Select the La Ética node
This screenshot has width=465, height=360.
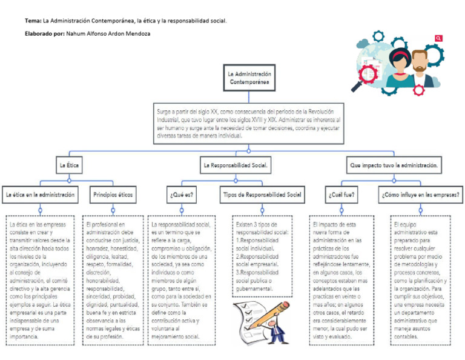(68, 165)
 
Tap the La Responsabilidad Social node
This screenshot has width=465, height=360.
(236, 165)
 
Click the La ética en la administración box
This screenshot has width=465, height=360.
(41, 195)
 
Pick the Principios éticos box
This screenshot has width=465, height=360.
(113, 195)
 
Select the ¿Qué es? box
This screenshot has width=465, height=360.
(182, 195)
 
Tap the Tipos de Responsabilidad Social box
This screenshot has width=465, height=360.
(262, 195)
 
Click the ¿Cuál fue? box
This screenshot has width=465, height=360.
(342, 195)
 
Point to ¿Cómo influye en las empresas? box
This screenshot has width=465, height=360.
(420, 195)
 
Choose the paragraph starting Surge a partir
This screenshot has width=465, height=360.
(248, 124)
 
